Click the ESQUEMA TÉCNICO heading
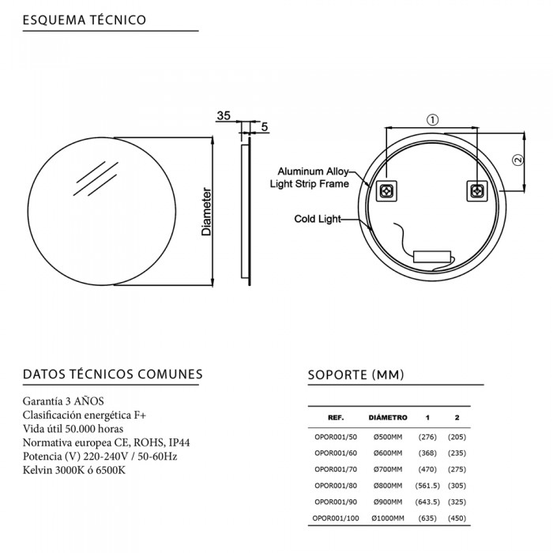(x=85, y=20)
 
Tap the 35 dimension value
(x=224, y=115)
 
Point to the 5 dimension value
(x=265, y=126)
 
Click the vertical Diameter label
(x=206, y=212)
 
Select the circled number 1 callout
(x=432, y=120)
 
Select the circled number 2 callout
(x=517, y=160)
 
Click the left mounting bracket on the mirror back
(x=386, y=191)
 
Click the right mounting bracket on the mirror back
(x=477, y=191)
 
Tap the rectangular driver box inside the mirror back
(x=432, y=257)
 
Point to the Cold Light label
(x=318, y=219)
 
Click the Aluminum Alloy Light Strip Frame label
(x=310, y=178)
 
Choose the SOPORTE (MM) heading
(x=355, y=374)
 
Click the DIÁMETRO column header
(x=388, y=418)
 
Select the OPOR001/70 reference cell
(x=336, y=469)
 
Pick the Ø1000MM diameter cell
(x=388, y=518)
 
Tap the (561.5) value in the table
(x=427, y=486)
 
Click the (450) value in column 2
(x=457, y=518)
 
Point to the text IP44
(x=179, y=442)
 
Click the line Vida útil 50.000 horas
(x=73, y=429)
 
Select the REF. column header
(x=336, y=418)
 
